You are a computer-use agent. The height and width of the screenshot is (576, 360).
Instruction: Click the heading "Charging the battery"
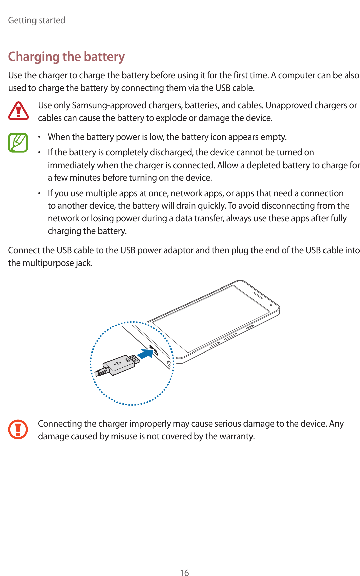pos(66,57)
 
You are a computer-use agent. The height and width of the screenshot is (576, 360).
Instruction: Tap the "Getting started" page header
pos(37,20)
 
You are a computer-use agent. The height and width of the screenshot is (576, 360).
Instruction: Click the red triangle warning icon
pos(19,111)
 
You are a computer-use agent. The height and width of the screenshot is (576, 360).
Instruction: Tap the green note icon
pos(18,143)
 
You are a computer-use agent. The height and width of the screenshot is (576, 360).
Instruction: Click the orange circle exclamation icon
pos(18,429)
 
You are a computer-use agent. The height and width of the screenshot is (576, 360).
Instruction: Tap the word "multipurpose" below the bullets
pos(48,263)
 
